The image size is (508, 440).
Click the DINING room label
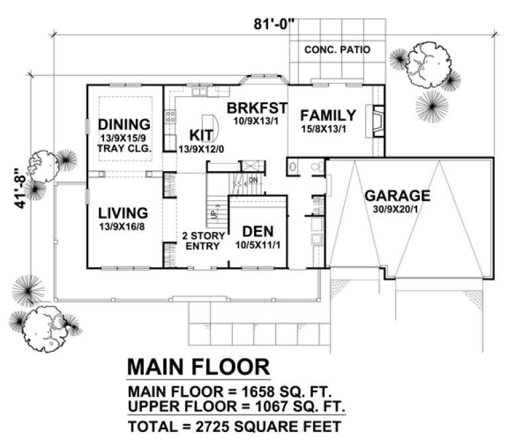[x=124, y=125]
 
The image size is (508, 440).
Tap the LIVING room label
[x=123, y=213]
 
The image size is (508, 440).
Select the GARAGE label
[x=397, y=195]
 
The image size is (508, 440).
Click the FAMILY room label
[x=328, y=115]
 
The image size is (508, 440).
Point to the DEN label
[x=258, y=231]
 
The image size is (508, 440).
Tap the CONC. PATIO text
[x=337, y=50]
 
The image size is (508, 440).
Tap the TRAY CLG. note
[x=125, y=148]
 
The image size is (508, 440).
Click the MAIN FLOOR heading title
[x=198, y=366]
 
